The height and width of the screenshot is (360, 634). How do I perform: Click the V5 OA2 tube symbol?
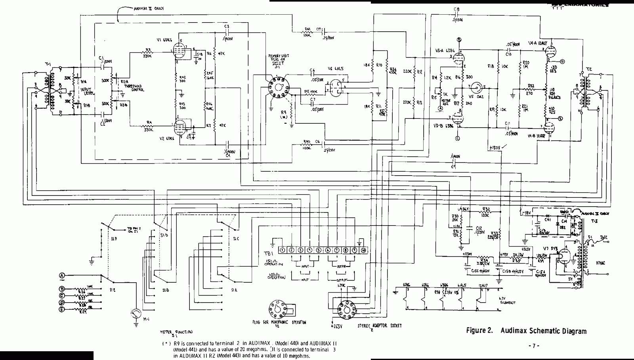tap(480, 87)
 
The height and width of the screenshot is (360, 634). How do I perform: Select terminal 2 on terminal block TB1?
tap(291, 250)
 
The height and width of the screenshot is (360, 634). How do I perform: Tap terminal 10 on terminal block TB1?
tap(363, 250)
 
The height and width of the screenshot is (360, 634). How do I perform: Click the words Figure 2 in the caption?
tap(481, 331)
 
